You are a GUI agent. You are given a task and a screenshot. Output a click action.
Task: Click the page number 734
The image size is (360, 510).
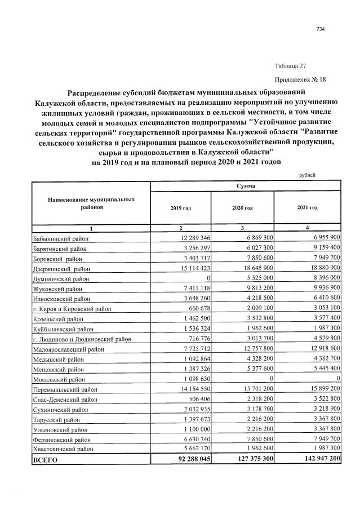tap(321, 30)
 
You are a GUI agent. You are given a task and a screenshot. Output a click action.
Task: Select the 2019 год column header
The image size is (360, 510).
tap(180, 208)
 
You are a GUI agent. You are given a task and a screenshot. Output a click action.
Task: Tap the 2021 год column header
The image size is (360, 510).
tap(308, 208)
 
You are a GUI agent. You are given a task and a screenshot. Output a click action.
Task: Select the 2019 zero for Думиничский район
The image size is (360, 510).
tap(208, 279)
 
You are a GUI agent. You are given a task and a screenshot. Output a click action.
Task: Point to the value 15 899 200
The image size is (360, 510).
tap(320, 389)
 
